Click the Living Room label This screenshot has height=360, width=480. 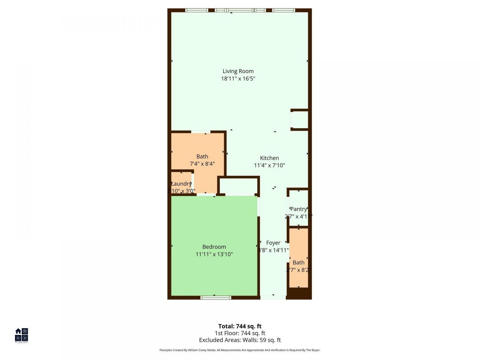click(238, 71)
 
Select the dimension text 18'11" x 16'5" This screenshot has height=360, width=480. click(238, 79)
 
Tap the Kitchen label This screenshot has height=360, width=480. click(269, 158)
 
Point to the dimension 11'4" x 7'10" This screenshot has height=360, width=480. click(269, 165)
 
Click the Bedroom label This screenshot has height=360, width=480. click(214, 247)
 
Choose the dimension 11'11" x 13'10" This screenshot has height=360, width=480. click(214, 254)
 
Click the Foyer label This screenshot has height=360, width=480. click(273, 243)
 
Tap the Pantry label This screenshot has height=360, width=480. click(298, 209)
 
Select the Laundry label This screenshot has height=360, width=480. click(181, 184)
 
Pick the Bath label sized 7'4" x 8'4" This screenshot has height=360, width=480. click(202, 156)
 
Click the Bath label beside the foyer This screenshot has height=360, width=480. click(298, 262)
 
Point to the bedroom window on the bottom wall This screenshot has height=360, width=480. click(216, 297)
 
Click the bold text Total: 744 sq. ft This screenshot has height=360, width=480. click(240, 326)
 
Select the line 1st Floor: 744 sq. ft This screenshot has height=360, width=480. click(240, 333)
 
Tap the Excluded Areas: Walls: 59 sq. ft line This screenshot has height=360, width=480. click(240, 340)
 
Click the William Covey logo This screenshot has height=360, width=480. click(21, 335)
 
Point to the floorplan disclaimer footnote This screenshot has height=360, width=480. click(240, 350)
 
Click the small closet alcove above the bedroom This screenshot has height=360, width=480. click(238, 186)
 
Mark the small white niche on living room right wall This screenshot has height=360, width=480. click(299, 120)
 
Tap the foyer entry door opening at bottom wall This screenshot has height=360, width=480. click(273, 297)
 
